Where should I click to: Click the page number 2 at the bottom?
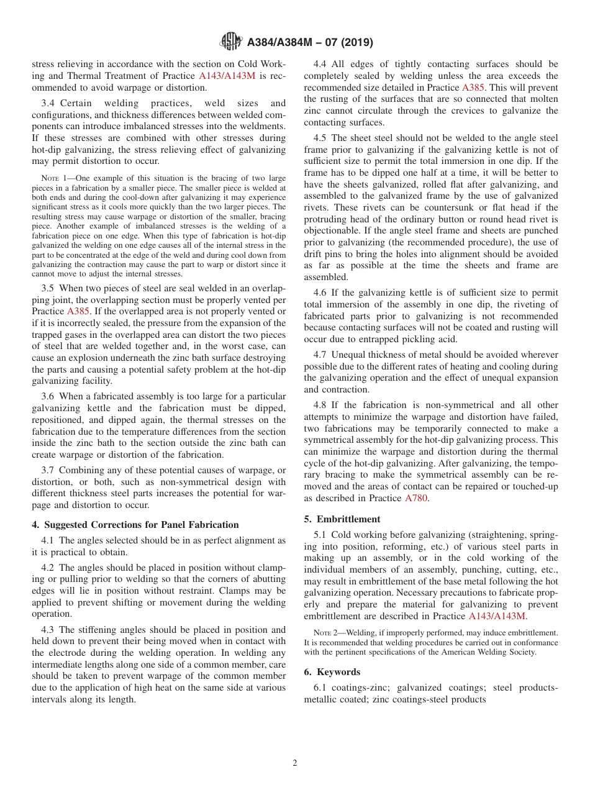pyautogui.click(x=295, y=763)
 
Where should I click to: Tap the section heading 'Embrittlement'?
pyautogui.click(x=348, y=519)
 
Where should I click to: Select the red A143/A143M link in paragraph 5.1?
pyautogui.click(x=497, y=616)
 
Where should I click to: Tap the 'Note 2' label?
pyautogui.click(x=326, y=633)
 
